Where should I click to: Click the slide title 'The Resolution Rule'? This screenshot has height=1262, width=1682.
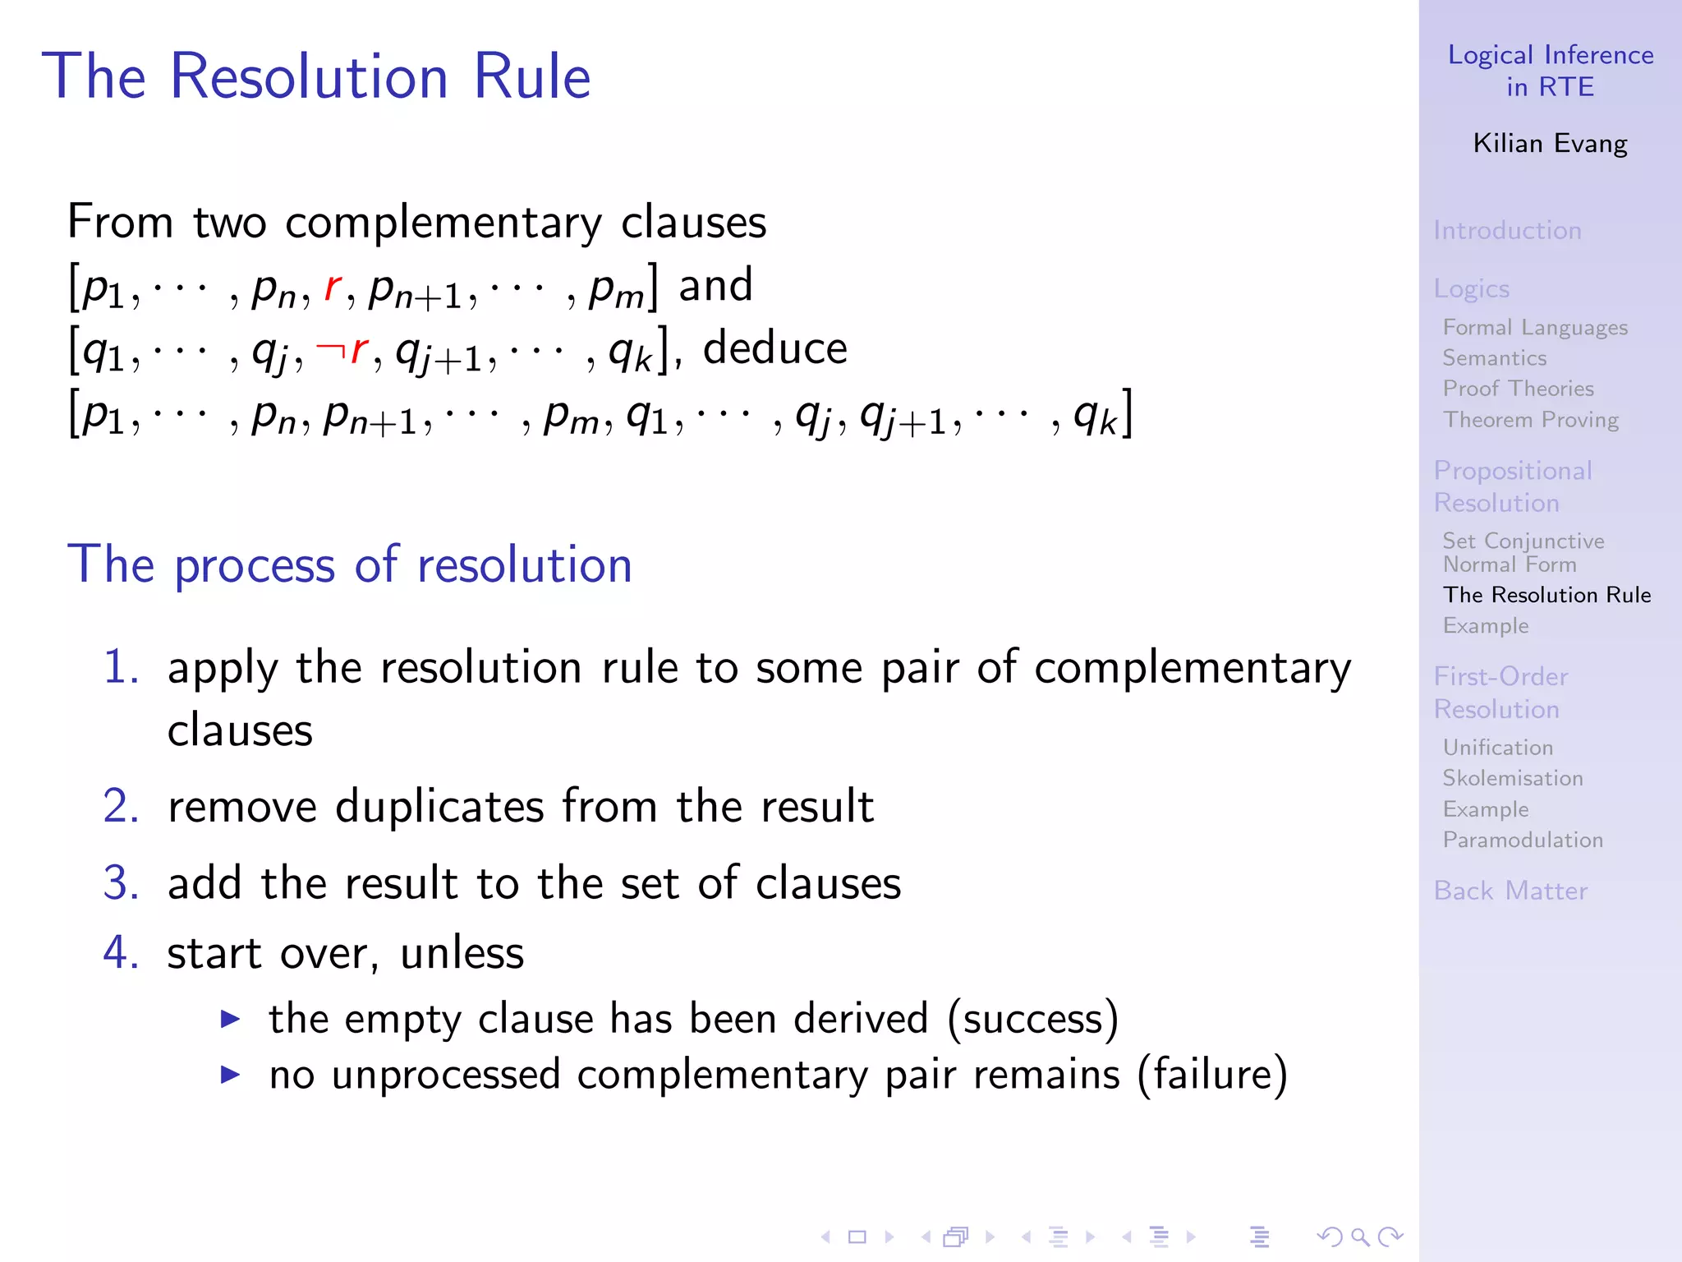pos(316,76)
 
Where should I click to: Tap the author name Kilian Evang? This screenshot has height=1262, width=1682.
pos(1550,144)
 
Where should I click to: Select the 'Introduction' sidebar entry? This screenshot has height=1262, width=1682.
pos(1507,230)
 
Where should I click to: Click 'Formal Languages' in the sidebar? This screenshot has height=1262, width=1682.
pos(1535,327)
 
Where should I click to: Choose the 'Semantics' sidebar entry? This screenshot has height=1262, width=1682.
pos(1495,358)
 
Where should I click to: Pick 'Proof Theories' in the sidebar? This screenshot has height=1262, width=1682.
pos(1518,389)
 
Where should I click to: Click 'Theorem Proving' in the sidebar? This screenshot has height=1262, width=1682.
pos(1531,420)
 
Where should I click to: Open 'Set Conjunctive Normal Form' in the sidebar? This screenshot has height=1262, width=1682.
pos(1523,552)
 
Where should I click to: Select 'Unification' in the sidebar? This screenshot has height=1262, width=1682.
pos(1498,748)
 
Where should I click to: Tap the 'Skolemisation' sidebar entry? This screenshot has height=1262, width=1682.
pos(1513,778)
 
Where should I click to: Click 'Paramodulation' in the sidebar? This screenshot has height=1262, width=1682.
pos(1523,840)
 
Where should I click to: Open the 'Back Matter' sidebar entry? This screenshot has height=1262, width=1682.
pos(1510,891)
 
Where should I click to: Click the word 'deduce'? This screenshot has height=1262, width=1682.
pos(774,348)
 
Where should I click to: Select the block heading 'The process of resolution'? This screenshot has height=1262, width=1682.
pos(350,564)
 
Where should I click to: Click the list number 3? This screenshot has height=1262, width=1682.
pos(121,883)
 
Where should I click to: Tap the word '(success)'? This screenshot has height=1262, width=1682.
pos(1032,1019)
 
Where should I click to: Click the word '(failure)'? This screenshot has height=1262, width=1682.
pos(1212,1075)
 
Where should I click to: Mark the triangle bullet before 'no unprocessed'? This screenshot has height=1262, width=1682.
pos(231,1075)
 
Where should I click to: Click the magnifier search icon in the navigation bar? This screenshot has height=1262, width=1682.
pos(1360,1237)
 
